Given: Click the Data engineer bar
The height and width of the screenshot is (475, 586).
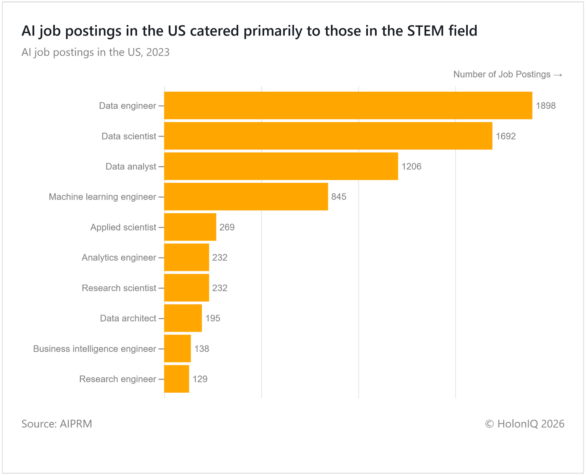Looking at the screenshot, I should (x=348, y=105).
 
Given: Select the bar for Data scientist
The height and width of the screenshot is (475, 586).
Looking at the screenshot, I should (x=328, y=136).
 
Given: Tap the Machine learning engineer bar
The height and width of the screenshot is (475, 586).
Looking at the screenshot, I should (x=246, y=197).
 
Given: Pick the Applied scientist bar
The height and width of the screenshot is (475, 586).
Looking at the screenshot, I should (x=190, y=227).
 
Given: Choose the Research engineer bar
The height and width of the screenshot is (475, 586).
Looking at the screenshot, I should (x=177, y=379).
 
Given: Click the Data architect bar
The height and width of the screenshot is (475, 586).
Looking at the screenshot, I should (x=183, y=318).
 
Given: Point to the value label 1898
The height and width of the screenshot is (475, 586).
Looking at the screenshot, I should (x=546, y=106).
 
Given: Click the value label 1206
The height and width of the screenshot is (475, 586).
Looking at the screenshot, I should (x=411, y=167).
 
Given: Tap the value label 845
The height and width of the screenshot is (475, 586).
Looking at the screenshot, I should (x=339, y=197).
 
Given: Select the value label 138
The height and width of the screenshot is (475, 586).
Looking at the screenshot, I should (x=201, y=349).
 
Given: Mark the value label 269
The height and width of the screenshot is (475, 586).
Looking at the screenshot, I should (x=227, y=227).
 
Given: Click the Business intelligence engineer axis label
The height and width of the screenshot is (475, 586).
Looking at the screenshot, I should (x=94, y=349).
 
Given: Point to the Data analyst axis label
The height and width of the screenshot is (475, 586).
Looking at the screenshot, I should (x=131, y=167).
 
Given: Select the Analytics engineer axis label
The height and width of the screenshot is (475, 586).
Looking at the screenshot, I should (x=119, y=258).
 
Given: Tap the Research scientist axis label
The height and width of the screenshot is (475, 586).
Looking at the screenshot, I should (x=119, y=288).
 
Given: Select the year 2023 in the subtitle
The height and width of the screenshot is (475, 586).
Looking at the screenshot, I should (x=157, y=52).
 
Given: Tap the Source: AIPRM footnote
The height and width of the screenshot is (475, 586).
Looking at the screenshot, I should (x=57, y=424).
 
